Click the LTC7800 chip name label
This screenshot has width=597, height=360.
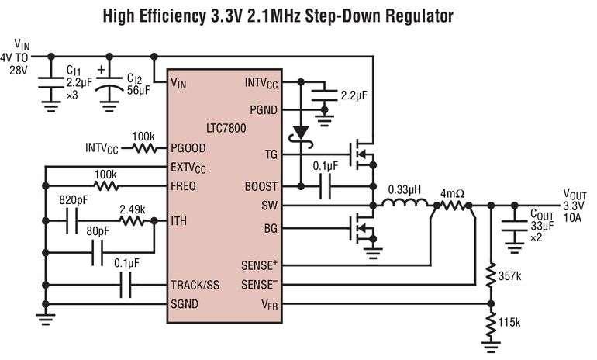pos(226,128)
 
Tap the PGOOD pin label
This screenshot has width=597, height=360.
pos(188,148)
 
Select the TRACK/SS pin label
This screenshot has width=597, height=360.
pos(195,285)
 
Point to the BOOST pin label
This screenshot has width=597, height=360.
pos(261,186)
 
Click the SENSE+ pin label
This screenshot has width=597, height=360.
pos(259,265)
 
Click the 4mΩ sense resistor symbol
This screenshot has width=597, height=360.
pos(453,206)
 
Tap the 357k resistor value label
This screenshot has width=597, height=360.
pos(509,276)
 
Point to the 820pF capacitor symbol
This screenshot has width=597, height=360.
pos(71,221)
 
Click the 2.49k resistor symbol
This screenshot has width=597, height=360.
pos(132,221)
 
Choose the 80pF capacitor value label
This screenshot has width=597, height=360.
pos(98,232)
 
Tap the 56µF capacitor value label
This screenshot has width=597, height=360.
pos(139,91)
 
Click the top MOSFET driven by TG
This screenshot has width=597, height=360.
pos(363,154)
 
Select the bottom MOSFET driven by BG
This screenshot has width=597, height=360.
pos(363,228)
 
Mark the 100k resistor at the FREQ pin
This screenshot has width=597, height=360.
pos(106,186)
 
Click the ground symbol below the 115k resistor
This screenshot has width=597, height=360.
pos(491,346)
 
